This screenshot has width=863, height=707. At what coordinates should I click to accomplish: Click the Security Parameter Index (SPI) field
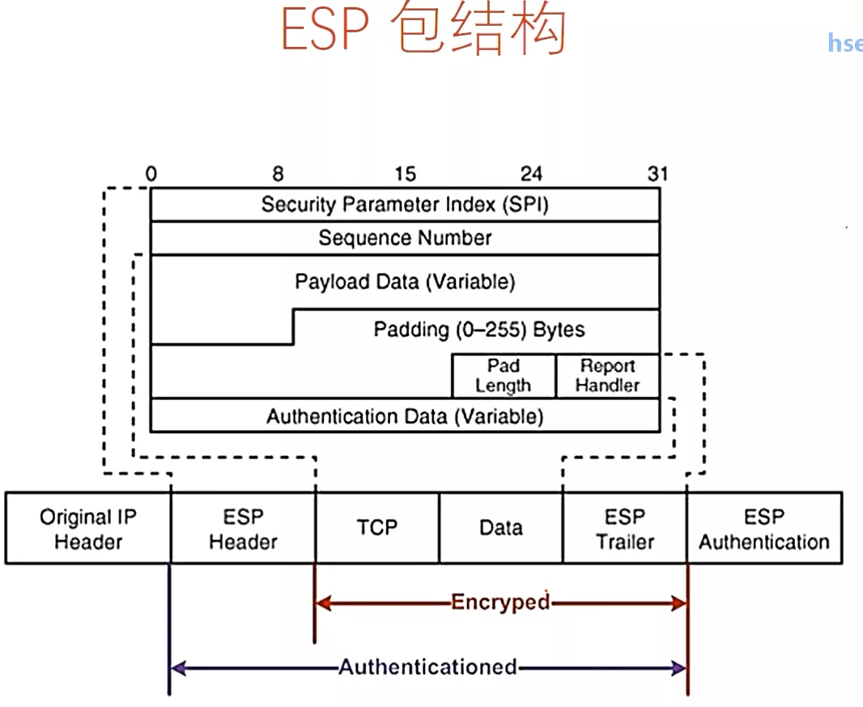[405, 204]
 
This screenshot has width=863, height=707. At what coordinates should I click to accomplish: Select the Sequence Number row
[405, 238]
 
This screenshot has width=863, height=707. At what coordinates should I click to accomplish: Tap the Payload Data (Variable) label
[405, 282]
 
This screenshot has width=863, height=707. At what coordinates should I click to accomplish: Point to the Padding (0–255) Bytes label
[478, 330]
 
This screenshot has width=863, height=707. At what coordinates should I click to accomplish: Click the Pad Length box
[504, 376]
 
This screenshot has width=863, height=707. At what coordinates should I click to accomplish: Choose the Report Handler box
[607, 376]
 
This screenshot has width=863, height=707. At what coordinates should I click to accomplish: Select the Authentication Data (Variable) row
[405, 416]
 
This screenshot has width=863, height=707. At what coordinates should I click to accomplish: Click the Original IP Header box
[88, 529]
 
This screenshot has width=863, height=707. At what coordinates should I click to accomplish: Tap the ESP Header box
[243, 529]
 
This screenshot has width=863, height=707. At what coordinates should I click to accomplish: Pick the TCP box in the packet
[377, 528]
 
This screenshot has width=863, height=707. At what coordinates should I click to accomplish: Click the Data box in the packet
[501, 528]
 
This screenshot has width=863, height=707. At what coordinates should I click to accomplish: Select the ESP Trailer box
[625, 529]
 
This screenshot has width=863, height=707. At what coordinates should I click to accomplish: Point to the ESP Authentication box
[764, 529]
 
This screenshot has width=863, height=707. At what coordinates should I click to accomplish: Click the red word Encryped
[500, 602]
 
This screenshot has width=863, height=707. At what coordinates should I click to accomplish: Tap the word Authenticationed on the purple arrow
[427, 667]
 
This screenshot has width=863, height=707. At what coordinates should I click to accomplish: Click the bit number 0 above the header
[151, 174]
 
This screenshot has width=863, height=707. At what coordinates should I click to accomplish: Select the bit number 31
[658, 174]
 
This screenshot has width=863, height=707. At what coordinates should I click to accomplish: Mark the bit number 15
[405, 174]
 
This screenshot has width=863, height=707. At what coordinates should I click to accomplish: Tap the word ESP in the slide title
[324, 31]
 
